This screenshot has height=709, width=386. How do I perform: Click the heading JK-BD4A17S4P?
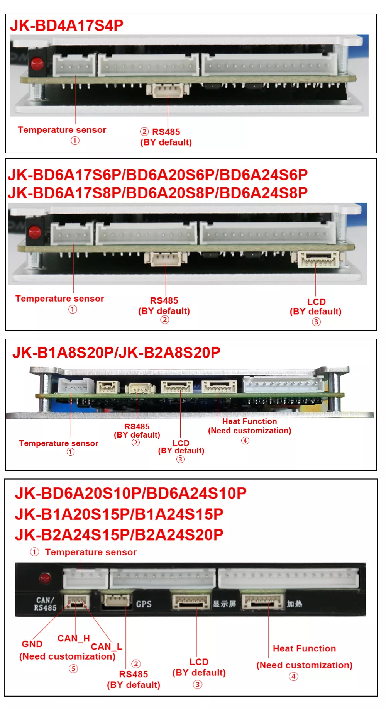[67, 25]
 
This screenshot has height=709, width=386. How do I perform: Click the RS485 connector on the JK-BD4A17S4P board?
[168, 90]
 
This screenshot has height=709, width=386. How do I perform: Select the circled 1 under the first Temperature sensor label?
[75, 141]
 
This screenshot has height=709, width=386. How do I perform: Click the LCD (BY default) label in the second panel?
[316, 307]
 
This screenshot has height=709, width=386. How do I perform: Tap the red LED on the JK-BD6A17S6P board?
[35, 232]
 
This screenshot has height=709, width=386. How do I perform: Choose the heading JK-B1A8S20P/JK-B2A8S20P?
[116, 353]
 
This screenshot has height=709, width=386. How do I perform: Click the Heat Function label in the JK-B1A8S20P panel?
[249, 421]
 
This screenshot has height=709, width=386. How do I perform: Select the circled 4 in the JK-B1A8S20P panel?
[245, 440]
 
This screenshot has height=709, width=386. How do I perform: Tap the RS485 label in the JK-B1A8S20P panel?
[137, 426]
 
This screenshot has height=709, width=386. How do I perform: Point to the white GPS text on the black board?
[144, 604]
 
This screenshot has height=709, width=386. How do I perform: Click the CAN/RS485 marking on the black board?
[45, 604]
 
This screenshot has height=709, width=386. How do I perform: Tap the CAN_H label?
[73, 639]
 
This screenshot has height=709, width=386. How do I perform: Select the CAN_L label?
[107, 646]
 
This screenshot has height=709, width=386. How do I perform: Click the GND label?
[32, 644]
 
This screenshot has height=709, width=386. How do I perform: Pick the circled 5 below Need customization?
[73, 668]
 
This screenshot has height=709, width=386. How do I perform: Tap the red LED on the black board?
[45, 578]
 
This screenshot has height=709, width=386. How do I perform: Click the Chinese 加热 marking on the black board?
[295, 604]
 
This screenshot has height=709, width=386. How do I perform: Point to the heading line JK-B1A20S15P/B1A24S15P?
[119, 514]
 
